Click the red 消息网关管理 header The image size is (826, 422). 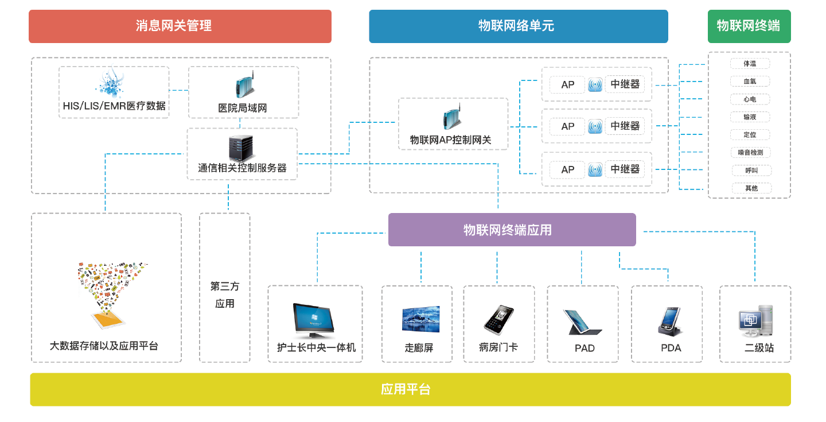pyautogui.click(x=180, y=26)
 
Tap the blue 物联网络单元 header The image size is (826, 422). pyautogui.click(x=518, y=26)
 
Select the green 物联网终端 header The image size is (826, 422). pyautogui.click(x=749, y=26)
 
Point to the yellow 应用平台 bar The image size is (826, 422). pyautogui.click(x=410, y=389)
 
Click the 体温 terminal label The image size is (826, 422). pyautogui.click(x=750, y=64)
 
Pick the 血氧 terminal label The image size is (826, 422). pyautogui.click(x=750, y=82)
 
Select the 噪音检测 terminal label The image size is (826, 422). pyautogui.click(x=750, y=152)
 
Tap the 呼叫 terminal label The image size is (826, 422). pyautogui.click(x=750, y=171)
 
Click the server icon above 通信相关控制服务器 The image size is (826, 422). pyautogui.click(x=241, y=149)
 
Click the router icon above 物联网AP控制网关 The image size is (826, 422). pyautogui.click(x=452, y=118)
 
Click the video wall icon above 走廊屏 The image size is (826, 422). pyautogui.click(x=420, y=319)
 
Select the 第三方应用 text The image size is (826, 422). pyautogui.click(x=225, y=295)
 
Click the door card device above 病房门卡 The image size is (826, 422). pyautogui.click(x=497, y=319)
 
